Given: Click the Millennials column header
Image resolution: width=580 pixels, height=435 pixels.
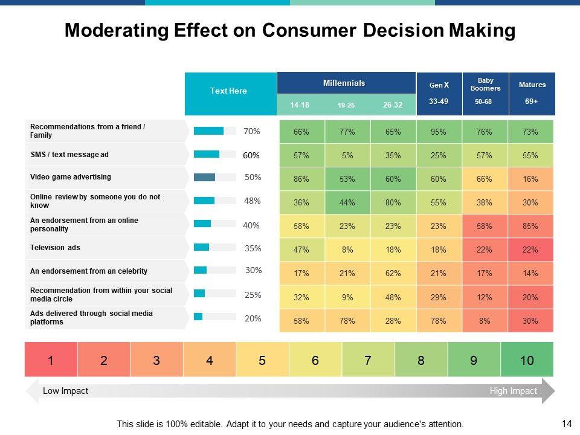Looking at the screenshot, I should (344, 83).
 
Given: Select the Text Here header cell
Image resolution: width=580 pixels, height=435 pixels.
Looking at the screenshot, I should (228, 91).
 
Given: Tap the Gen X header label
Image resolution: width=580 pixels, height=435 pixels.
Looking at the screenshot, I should (439, 85).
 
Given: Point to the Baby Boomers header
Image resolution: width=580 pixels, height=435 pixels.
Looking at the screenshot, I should (485, 84).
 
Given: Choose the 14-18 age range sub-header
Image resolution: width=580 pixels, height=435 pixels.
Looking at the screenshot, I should (300, 105).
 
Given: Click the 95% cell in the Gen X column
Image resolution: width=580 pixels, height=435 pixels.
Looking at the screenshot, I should (439, 132).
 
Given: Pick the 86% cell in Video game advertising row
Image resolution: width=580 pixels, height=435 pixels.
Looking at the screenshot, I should (301, 179).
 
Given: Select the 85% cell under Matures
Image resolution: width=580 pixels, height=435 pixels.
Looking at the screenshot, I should (530, 226).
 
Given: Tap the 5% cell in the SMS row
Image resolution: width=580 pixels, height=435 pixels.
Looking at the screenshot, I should (347, 155).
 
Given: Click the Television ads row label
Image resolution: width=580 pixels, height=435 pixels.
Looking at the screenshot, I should (56, 248).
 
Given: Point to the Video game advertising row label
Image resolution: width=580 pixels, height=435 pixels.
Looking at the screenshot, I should (71, 177).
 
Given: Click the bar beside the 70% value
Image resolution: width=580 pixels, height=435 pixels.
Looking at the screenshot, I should (209, 130).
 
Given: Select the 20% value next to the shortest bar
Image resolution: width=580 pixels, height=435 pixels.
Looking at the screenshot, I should (253, 318).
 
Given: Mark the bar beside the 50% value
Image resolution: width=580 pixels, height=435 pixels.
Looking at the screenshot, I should (205, 177).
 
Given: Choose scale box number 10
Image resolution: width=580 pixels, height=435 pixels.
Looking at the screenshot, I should (527, 361).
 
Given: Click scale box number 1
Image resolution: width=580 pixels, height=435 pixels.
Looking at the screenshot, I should (51, 361).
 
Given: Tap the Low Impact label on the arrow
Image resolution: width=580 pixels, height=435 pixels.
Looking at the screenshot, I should (65, 391).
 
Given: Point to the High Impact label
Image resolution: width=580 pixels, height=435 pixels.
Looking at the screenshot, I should (513, 391).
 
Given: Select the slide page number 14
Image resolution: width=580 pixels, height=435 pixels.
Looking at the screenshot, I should (567, 424).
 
